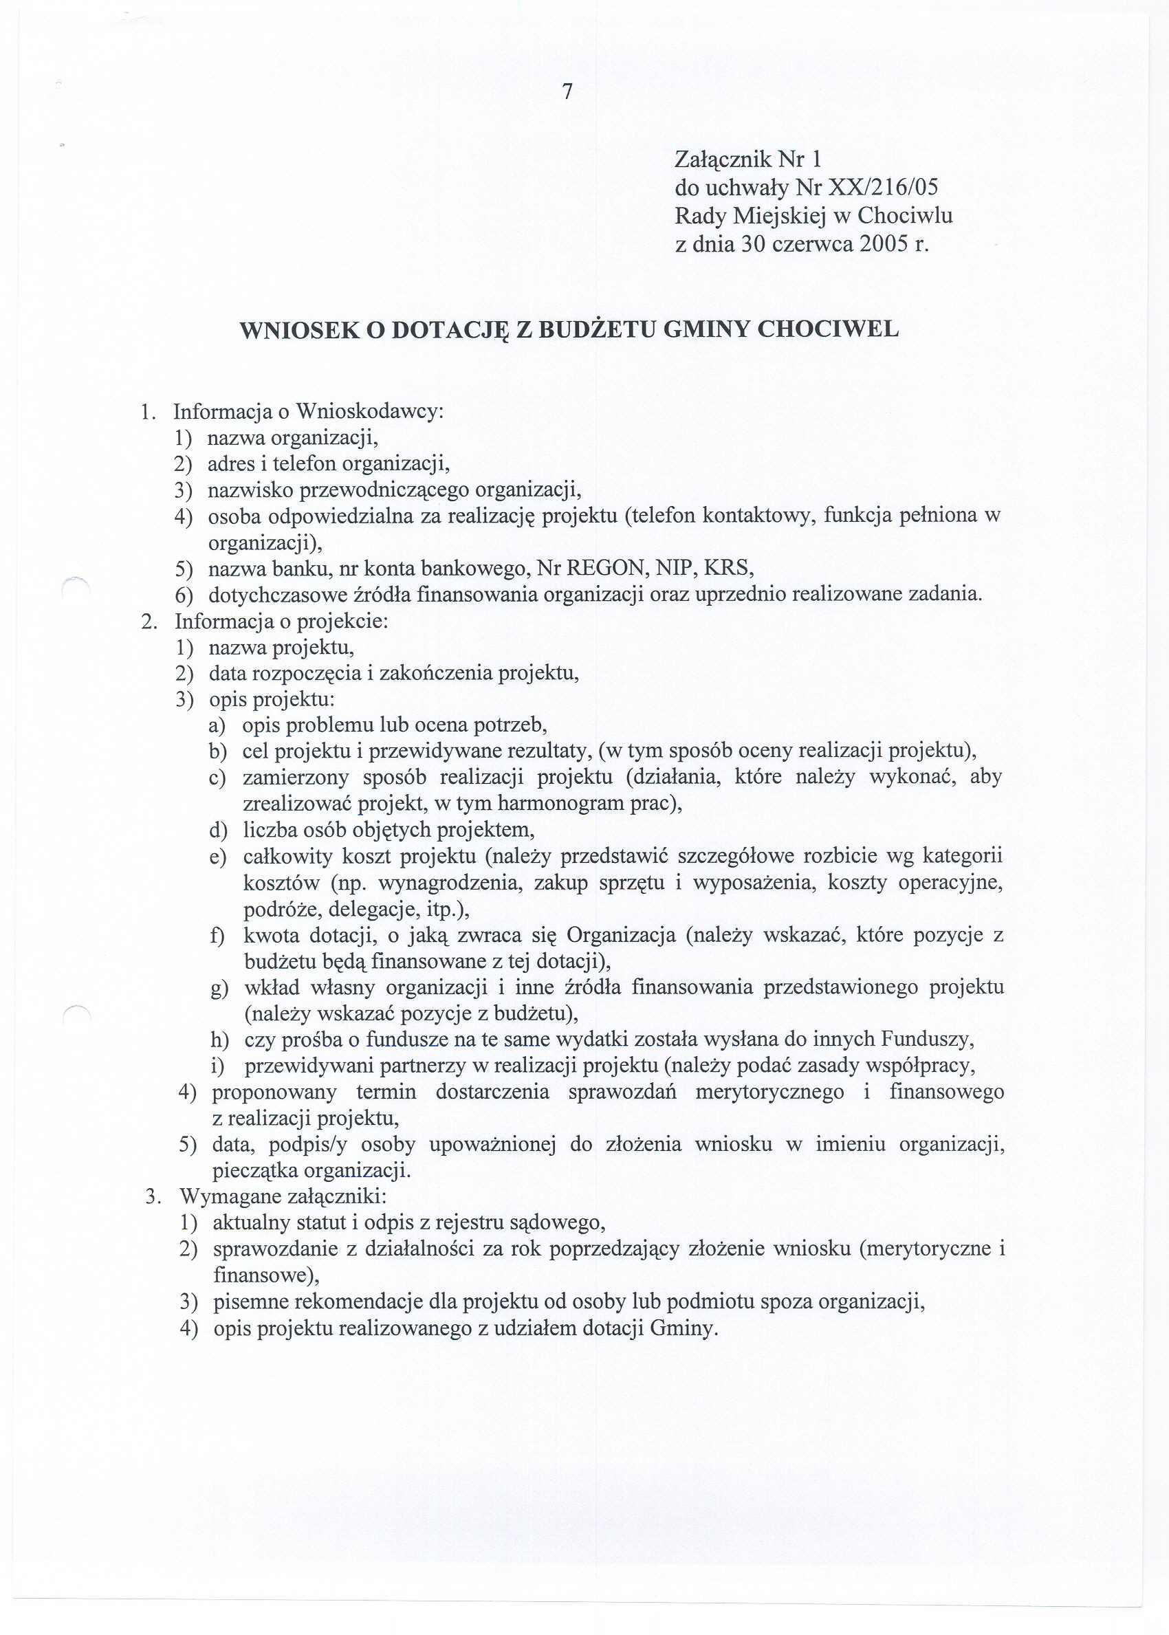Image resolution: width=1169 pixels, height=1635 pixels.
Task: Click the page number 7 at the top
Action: tap(567, 92)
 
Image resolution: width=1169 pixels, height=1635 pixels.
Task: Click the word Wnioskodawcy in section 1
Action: tap(370, 412)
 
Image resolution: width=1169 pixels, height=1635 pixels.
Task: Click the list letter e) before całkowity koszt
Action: tap(217, 857)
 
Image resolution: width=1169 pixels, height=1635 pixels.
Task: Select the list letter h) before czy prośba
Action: tap(218, 1040)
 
